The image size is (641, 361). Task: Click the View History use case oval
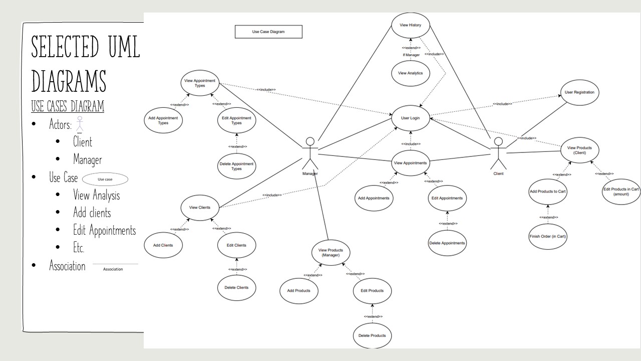[410, 25]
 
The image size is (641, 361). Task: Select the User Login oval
[410, 118]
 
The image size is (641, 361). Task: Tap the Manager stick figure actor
[310, 153]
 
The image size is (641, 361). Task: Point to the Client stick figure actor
[498, 153]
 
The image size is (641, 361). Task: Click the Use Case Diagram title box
[268, 32]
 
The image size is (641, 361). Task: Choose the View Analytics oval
[410, 73]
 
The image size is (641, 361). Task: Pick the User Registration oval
[579, 92]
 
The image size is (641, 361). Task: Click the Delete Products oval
[372, 335]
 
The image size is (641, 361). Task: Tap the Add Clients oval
[163, 245]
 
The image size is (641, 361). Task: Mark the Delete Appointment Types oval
[237, 166]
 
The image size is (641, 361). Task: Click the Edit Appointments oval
[447, 198]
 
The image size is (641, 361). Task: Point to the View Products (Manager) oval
[331, 253]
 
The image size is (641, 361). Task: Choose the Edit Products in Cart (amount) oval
[621, 191]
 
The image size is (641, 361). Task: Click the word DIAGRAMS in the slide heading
[69, 81]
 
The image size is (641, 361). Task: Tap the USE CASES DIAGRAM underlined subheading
[68, 106]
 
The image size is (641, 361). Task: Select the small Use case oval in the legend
[105, 179]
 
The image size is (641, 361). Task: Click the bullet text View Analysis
[97, 195]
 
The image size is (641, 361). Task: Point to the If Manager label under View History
[411, 55]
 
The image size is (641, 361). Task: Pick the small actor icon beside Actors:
[79, 124]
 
